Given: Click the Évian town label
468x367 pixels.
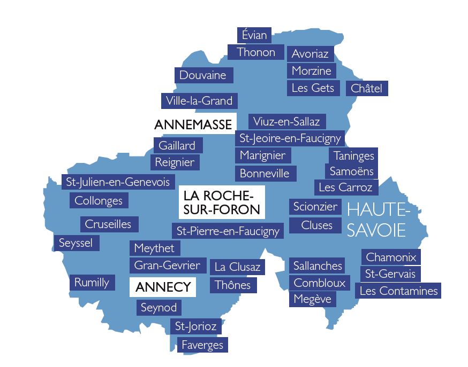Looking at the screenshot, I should coord(254,35).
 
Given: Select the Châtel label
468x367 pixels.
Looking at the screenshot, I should coord(367,89).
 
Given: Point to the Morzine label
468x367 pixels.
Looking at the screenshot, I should coord(312,71).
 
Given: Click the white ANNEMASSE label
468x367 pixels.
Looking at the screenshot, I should coord(193,124).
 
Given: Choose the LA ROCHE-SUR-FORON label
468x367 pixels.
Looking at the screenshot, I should coord(222,202).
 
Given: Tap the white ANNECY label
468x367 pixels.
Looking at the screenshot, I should coord(163,287).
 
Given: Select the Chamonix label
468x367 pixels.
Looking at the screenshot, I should coord(391,257).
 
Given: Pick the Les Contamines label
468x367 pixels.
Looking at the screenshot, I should coord(398,291).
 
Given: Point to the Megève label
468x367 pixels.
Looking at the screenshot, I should coord(313,299).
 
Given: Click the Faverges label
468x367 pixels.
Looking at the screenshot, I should coord(202,345).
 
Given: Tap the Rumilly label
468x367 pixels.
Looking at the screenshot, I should coord(92,283).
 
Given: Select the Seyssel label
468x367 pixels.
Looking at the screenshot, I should coord(76,244).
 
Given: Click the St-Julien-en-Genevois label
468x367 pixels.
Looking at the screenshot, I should coord(118,182).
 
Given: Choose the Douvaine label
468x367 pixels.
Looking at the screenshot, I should coord(203,75).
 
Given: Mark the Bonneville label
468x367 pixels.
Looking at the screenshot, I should coord(265,174).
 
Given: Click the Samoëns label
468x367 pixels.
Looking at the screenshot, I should coord(351,171).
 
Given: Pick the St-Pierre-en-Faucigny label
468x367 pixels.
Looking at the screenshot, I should coord(228,231).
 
